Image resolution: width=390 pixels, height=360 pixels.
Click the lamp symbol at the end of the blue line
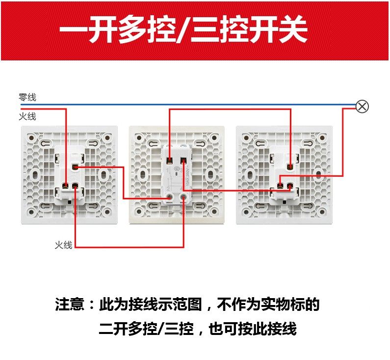coord(362,106)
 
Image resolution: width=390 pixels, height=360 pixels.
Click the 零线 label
coord(27,97)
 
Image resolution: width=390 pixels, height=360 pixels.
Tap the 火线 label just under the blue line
coord(27,117)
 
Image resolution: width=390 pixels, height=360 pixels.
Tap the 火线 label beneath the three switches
coord(63,245)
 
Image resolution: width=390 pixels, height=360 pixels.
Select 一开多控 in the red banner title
coord(112,30)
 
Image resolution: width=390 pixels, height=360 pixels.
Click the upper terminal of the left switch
coord(75,167)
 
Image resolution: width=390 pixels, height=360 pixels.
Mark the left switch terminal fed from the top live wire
coord(65,186)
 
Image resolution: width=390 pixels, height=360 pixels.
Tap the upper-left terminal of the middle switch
coord(169,160)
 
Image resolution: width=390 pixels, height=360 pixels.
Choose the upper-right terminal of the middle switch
coord(183,160)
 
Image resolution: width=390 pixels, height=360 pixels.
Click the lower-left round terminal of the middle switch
coord(169,197)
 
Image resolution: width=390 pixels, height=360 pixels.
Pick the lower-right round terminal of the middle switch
coord(183,197)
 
